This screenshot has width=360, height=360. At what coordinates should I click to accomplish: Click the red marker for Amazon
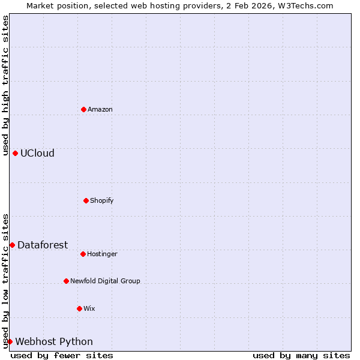point(83,109)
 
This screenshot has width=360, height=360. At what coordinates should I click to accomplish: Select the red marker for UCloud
point(15,153)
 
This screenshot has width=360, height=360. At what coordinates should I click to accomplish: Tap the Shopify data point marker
point(86,200)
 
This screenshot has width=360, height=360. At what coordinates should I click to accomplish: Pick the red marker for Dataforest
point(12,245)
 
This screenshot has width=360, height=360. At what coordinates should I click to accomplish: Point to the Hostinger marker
point(83,254)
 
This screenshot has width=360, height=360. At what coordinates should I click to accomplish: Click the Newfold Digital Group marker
point(66,281)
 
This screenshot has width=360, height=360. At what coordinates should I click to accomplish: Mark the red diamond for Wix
point(79,308)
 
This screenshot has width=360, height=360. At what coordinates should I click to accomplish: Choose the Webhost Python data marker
point(10,341)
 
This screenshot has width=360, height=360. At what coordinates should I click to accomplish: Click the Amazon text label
point(100,109)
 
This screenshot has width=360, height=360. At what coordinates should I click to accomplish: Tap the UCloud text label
point(37,153)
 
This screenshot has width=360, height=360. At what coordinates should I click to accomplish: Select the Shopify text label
point(102,200)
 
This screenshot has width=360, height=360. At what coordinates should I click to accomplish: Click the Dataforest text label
point(43,245)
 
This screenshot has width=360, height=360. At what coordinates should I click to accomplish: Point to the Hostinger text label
point(102,254)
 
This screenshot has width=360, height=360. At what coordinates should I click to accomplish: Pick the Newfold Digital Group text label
point(105,281)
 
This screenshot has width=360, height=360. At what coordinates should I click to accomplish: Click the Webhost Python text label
point(54,341)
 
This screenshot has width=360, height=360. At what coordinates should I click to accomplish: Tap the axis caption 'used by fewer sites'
point(62,356)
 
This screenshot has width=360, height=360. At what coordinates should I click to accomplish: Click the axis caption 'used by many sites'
point(301,356)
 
